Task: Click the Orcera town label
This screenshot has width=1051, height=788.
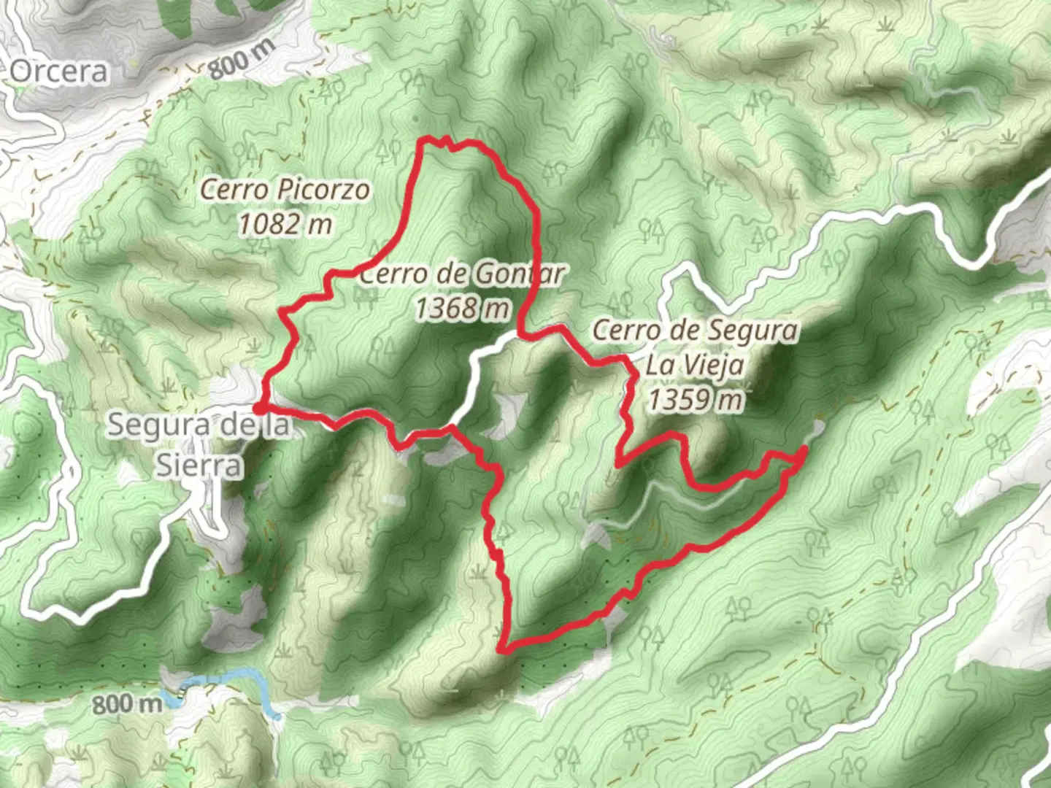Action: [59, 72]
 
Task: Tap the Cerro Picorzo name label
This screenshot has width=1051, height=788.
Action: [285, 190]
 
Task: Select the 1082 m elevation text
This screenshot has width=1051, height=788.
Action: [285, 224]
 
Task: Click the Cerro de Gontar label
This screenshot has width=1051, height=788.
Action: [461, 274]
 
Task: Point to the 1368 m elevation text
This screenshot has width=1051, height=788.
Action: [461, 308]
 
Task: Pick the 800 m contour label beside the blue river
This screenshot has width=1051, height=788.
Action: [127, 704]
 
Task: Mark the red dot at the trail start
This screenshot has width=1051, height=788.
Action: [258, 408]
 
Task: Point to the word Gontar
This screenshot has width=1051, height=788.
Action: [519, 274]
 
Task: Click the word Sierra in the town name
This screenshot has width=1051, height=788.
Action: [199, 465]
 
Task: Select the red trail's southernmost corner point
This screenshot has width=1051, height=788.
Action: [503, 647]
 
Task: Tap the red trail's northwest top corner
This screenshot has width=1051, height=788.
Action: [423, 140]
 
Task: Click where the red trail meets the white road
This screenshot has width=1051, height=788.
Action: [520, 333]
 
